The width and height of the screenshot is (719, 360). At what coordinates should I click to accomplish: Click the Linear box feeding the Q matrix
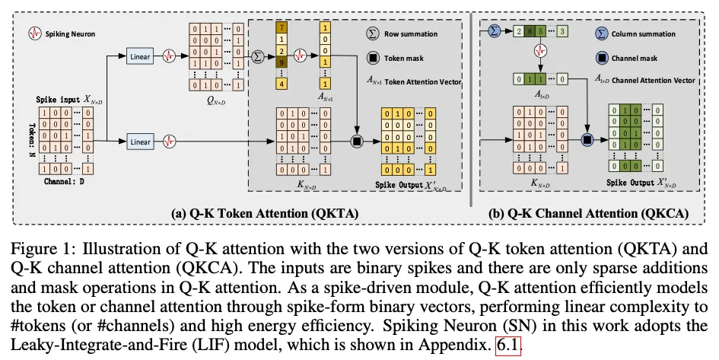(x=140, y=56)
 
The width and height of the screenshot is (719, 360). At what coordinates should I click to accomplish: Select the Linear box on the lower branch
(x=140, y=142)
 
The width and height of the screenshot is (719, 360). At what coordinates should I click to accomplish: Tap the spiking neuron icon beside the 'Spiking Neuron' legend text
(x=35, y=33)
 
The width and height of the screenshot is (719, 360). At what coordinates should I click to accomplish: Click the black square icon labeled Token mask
(x=374, y=59)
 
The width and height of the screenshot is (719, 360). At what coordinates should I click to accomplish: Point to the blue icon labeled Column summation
(x=602, y=33)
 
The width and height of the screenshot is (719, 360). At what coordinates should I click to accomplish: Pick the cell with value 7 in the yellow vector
(x=281, y=28)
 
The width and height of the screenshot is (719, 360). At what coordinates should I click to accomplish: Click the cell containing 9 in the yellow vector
(x=281, y=62)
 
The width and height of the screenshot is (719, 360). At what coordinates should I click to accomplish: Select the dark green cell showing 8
(x=530, y=31)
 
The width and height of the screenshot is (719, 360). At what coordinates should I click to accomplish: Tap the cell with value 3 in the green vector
(x=562, y=31)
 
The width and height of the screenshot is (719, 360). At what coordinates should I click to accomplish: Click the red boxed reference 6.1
(x=508, y=345)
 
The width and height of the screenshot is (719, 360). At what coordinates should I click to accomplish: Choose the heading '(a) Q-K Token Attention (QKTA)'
(x=265, y=213)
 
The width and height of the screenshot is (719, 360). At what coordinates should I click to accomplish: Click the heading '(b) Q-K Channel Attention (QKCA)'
(x=589, y=213)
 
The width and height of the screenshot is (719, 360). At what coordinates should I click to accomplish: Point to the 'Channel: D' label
(x=64, y=182)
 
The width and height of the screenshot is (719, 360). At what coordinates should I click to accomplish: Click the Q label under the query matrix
(x=216, y=101)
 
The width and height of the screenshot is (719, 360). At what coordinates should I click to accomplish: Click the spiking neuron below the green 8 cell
(x=541, y=51)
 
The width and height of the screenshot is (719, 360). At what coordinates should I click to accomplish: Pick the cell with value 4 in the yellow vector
(x=281, y=84)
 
